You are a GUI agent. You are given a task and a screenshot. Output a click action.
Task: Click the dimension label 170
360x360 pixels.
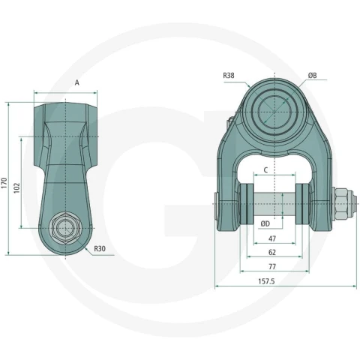(4, 183)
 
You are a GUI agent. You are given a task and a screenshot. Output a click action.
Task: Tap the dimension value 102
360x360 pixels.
(16, 187)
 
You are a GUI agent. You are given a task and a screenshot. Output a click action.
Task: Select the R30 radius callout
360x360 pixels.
(100, 248)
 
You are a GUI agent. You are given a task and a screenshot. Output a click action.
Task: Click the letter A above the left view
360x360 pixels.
(77, 82)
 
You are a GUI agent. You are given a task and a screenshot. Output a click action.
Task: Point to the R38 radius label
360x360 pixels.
(229, 75)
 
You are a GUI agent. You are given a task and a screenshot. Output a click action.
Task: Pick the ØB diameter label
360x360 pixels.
(312, 75)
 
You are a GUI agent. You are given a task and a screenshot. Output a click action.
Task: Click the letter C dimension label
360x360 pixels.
(265, 170)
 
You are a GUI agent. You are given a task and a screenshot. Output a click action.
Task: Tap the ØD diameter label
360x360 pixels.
(265, 223)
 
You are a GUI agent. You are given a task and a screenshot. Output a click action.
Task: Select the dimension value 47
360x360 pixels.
(272, 238)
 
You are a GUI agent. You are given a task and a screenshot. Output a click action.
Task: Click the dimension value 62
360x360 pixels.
(272, 253)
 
